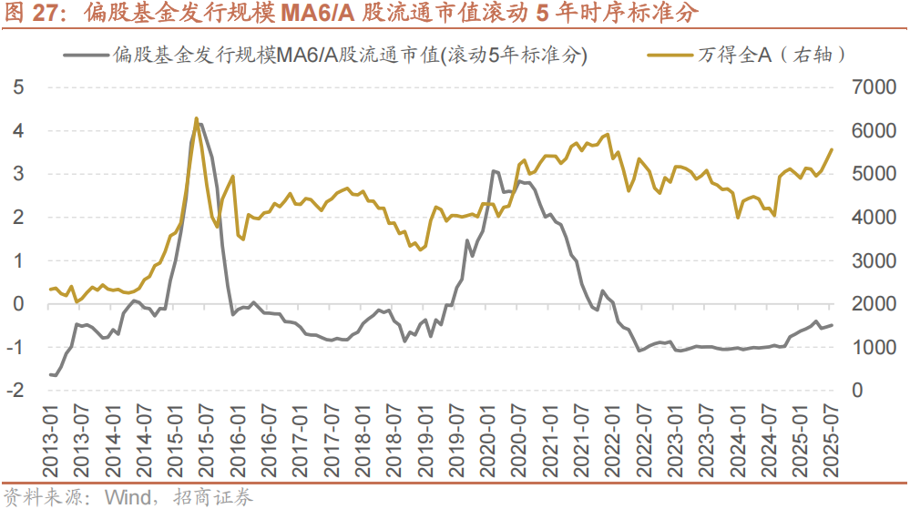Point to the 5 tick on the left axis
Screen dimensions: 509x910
(17, 87)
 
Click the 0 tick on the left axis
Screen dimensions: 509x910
(17, 304)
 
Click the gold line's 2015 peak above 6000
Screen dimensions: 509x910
(196, 118)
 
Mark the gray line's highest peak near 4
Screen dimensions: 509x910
(199, 124)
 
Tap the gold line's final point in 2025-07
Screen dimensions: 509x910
(831, 149)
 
